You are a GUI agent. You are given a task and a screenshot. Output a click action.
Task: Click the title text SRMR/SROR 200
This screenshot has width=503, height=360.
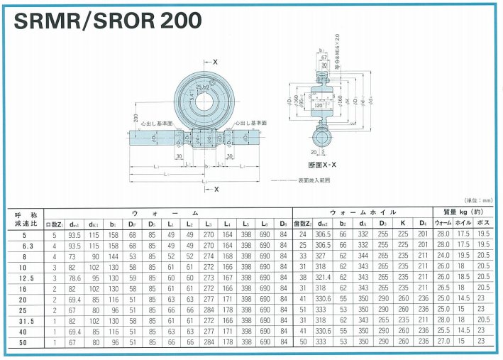pos(106,21)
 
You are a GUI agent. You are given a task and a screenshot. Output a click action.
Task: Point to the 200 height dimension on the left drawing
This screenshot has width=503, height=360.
pos(135,117)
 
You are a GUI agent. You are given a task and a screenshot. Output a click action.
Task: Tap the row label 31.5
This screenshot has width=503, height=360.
pos(26,320)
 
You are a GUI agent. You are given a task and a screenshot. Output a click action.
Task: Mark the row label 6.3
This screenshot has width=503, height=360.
pos(26,244)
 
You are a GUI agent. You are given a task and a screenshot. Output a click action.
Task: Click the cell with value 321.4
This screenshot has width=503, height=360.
pos(324,277)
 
